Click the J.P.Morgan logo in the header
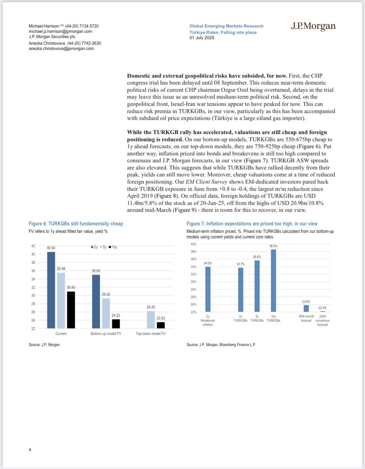[313, 27]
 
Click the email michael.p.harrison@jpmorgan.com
[61, 32]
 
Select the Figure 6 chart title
[76, 224]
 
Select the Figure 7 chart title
[252, 224]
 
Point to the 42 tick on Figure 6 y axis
[33, 246]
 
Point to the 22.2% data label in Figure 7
[322, 309]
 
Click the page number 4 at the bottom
[30, 450]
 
